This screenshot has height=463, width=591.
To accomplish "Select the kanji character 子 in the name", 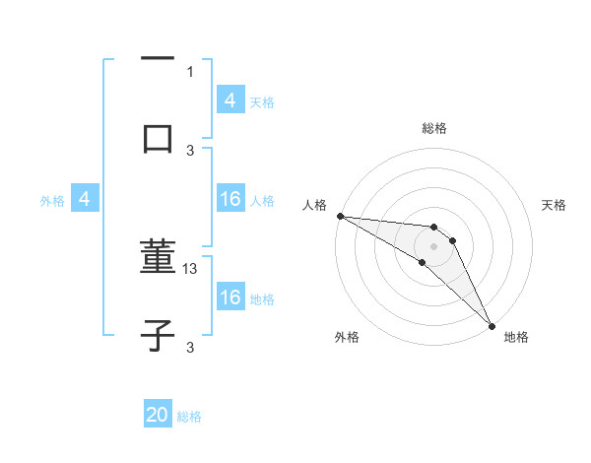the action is click(x=158, y=336).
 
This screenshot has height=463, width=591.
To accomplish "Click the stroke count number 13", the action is click(x=191, y=268).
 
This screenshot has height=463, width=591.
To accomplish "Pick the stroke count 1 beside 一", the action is click(x=190, y=71).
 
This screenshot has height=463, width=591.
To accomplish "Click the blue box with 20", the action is click(x=158, y=416).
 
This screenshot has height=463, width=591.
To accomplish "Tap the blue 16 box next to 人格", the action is click(x=230, y=200).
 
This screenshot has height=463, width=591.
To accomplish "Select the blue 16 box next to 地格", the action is click(x=230, y=298).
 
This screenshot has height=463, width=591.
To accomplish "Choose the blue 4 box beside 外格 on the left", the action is click(x=85, y=200).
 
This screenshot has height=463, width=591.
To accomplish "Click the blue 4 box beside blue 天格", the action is click(x=230, y=100).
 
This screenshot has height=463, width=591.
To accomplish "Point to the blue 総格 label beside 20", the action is click(x=190, y=417).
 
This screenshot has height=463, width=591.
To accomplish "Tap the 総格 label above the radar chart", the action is click(x=434, y=128).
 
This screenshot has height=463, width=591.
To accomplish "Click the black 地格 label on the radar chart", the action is click(x=516, y=337).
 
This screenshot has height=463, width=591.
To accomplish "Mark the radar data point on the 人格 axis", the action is click(x=340, y=216).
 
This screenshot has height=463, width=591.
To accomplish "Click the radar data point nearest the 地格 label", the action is click(x=492, y=325).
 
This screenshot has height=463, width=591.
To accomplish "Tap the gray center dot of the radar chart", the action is click(x=434, y=245).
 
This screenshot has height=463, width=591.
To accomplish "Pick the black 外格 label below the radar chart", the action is click(x=347, y=337).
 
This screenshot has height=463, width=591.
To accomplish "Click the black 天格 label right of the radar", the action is click(x=554, y=205).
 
